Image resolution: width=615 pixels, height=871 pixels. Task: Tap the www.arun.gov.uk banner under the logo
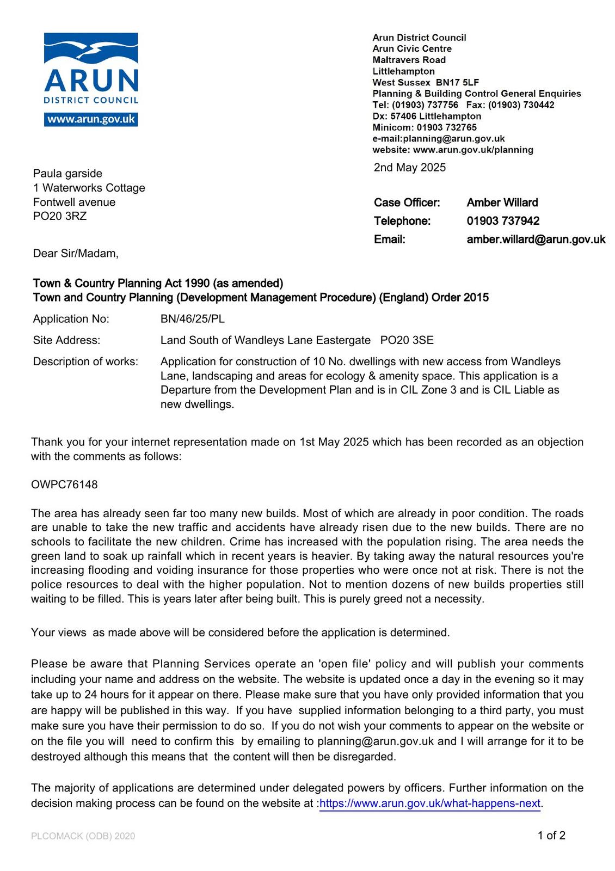pos(91,119)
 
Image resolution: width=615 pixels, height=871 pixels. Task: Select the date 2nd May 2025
pos(409,168)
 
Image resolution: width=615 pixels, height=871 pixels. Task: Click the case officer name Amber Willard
pos(502,203)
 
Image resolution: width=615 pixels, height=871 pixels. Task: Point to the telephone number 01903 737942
pos(503,221)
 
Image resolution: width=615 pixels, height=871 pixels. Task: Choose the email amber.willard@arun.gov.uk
pos(536,240)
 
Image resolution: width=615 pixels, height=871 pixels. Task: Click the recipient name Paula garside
pos(67,174)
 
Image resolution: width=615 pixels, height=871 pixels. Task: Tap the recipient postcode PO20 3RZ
pos(60,216)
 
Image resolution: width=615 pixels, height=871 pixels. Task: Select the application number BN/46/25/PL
pos(192,319)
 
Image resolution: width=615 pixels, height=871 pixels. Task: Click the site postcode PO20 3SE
pos(407,340)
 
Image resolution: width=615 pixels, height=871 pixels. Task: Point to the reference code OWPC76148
pos(64,484)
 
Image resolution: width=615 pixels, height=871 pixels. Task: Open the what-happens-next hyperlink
pos(430,803)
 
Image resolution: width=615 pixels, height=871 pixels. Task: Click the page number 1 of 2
pos(551,836)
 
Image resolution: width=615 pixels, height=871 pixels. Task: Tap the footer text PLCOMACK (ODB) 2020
pos(83,836)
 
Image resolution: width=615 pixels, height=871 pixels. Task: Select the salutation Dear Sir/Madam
pos(76,254)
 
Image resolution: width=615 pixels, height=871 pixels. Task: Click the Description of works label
pos(85,361)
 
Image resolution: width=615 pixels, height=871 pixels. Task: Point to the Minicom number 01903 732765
pos(446,127)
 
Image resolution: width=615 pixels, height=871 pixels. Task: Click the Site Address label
pos(66,340)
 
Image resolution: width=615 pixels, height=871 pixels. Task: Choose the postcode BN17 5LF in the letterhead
pos(457,83)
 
